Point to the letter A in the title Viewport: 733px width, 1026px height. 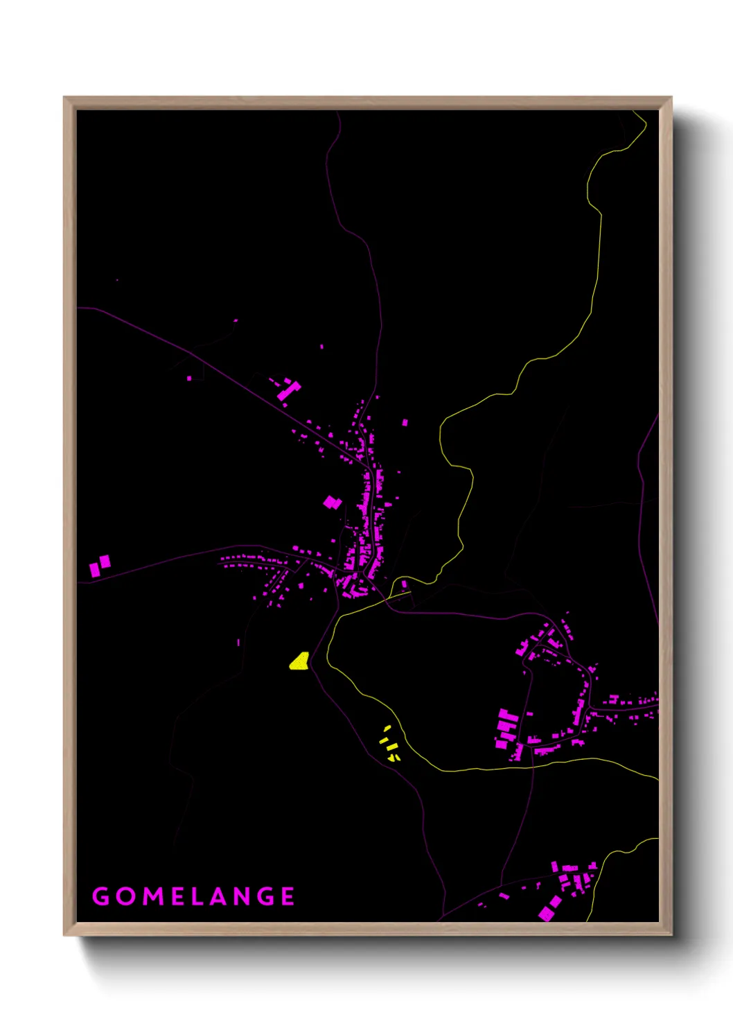220,896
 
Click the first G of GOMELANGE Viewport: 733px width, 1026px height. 101,896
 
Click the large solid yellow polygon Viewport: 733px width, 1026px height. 299,661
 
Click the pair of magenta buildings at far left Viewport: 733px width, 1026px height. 100,566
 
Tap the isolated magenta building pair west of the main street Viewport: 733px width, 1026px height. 333,502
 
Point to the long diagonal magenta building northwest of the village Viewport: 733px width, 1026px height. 288,390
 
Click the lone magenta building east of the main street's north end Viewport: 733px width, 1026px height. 405,422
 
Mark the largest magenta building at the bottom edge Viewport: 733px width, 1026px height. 550,909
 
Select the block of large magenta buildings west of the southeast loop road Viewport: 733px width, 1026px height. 507,729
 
